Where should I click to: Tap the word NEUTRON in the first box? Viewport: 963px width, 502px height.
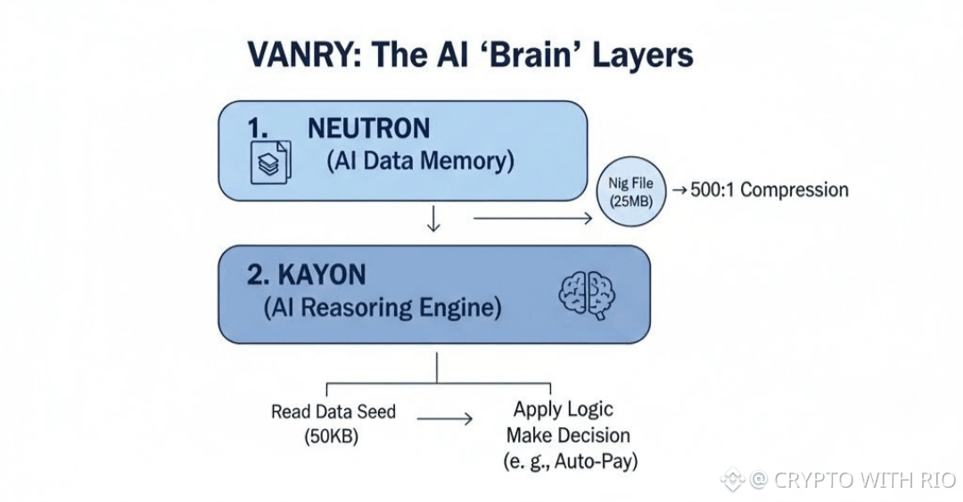[368, 128]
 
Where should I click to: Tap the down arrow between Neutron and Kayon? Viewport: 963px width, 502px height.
[433, 219]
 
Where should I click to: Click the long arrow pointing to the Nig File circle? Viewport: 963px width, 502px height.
[531, 217]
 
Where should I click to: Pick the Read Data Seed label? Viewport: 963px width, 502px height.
[333, 412]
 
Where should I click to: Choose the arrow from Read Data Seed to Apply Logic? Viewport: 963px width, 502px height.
[444, 419]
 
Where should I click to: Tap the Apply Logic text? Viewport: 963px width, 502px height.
[563, 409]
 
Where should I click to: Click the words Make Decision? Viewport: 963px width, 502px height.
[568, 435]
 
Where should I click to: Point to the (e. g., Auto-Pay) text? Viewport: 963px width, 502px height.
[572, 462]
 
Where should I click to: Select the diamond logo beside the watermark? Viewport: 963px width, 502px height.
[733, 480]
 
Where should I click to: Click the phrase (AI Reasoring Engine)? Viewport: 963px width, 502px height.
[383, 309]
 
